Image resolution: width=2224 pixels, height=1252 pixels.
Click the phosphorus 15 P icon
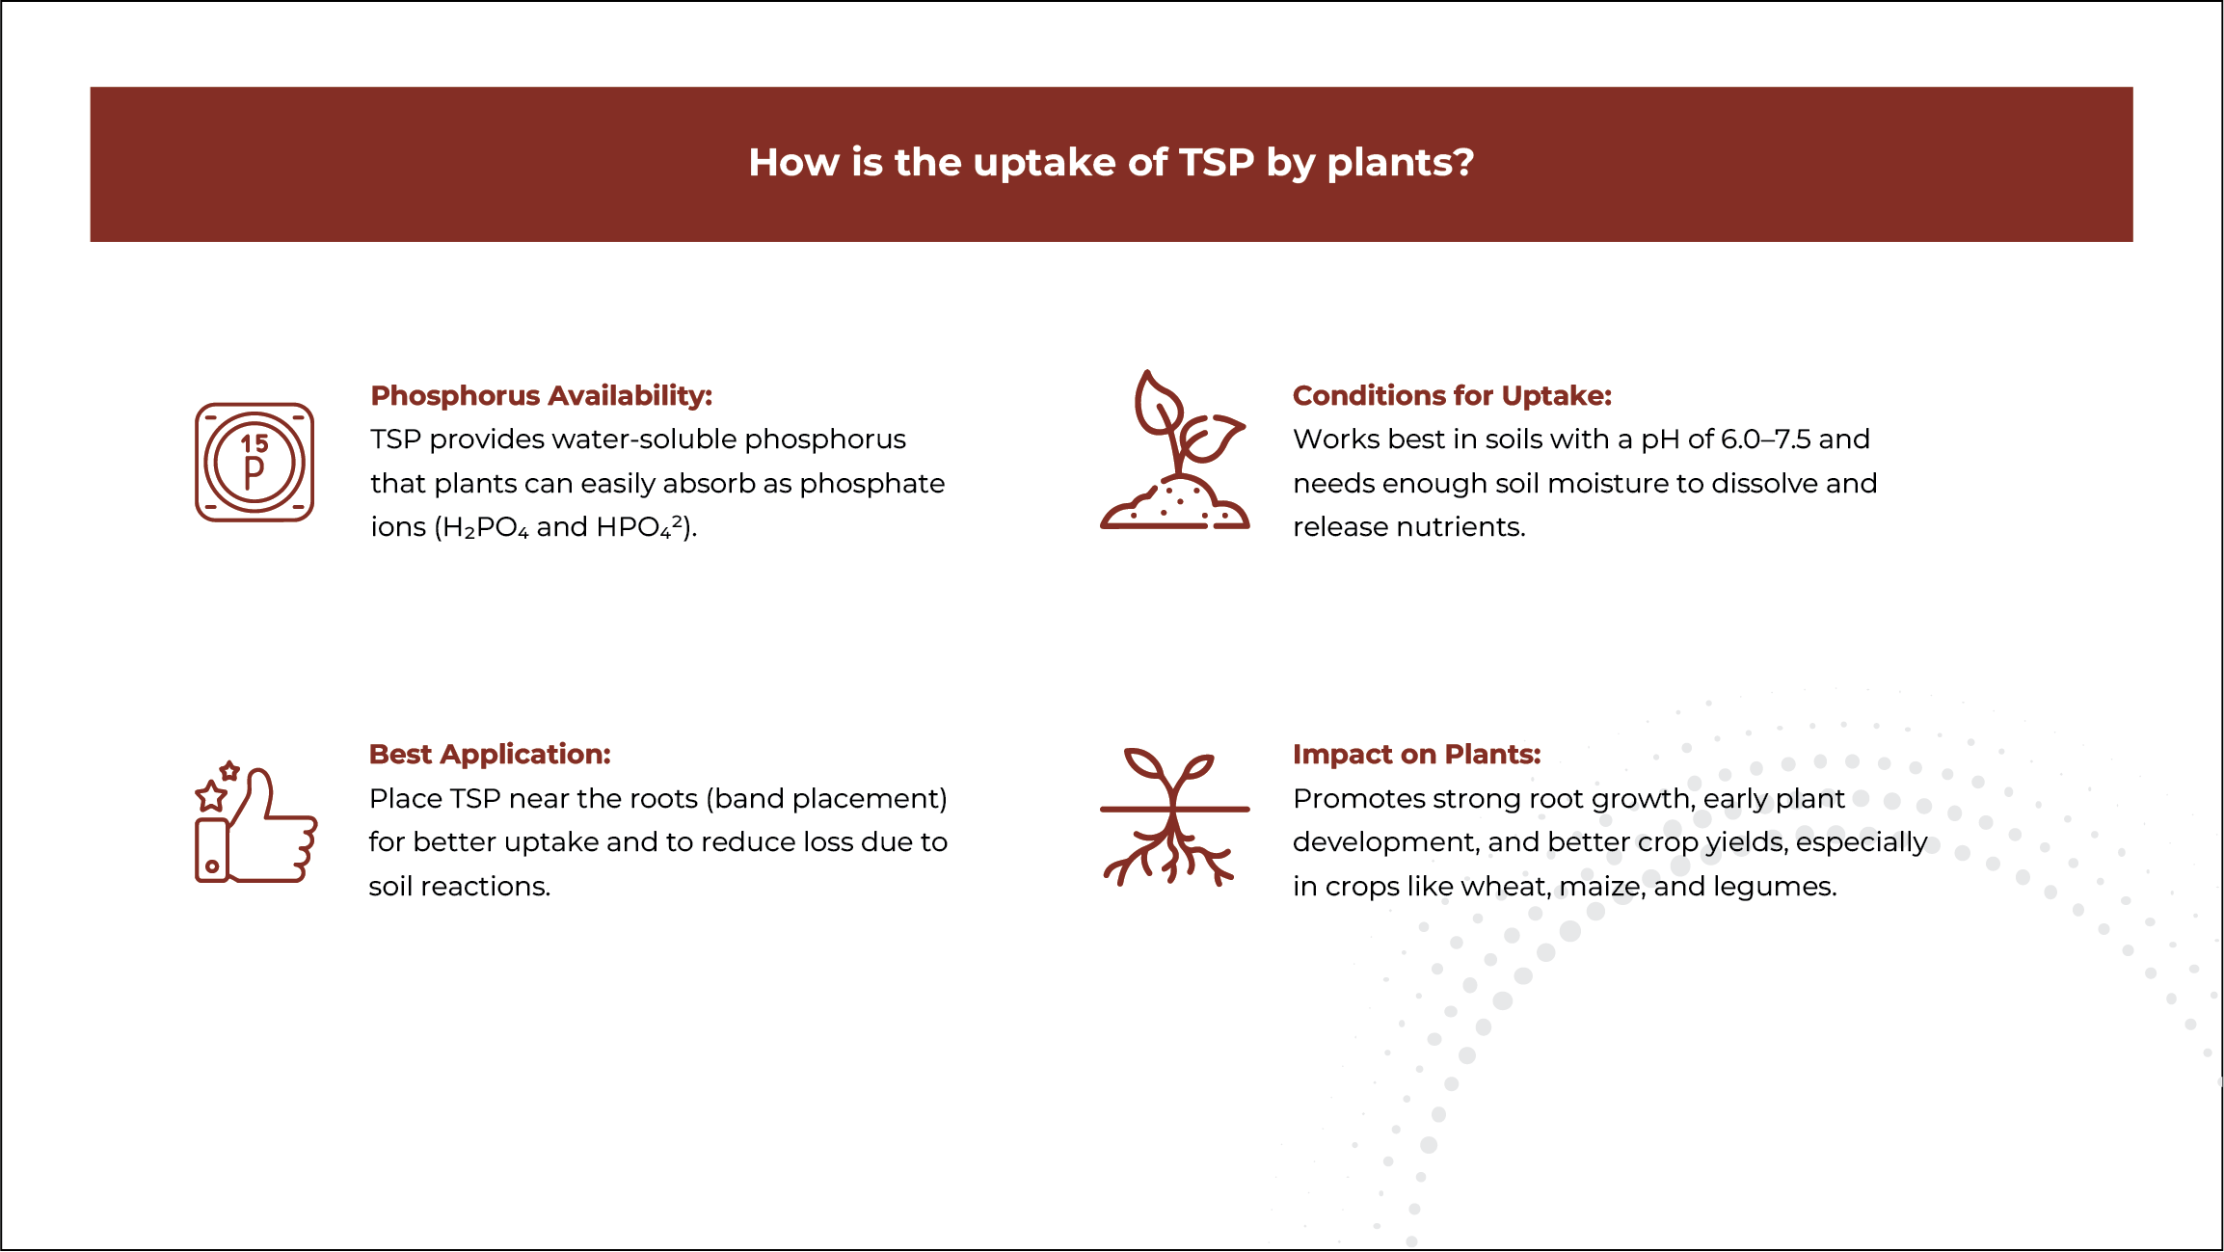pyautogui.click(x=255, y=462)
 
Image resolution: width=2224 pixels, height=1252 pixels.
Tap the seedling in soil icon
pyautogui.click(x=1174, y=450)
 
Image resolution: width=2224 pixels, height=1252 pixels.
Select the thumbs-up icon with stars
pyautogui.click(x=255, y=822)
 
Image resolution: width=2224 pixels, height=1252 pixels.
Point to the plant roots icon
pyautogui.click(x=1174, y=816)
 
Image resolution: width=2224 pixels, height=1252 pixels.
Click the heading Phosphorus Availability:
pyautogui.click(x=542, y=395)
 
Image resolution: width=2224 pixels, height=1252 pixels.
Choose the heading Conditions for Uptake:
pyautogui.click(x=1452, y=395)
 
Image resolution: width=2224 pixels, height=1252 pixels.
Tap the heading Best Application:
pyautogui.click(x=490, y=754)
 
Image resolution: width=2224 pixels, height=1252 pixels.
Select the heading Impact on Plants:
pyautogui.click(x=1416, y=754)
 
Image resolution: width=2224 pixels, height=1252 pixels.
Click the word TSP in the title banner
pyautogui.click(x=1217, y=162)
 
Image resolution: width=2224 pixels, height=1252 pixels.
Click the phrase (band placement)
pyautogui.click(x=826, y=799)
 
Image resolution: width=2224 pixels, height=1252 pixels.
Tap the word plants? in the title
pyautogui.click(x=1400, y=163)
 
